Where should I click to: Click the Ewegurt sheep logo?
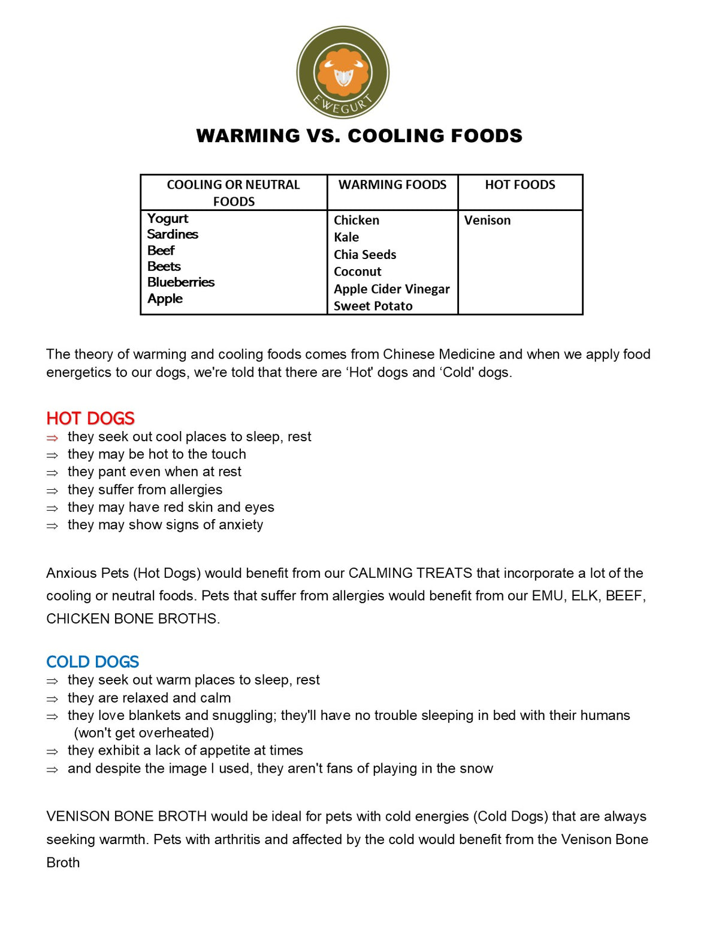point(343,73)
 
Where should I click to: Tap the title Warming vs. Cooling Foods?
point(359,136)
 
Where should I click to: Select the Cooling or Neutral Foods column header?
point(233,192)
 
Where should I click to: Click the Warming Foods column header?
point(392,185)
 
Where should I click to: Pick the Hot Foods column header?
point(520,185)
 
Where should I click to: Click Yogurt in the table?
point(168,218)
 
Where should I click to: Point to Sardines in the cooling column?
point(173,234)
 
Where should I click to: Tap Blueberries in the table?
point(181,282)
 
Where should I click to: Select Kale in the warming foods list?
point(346,237)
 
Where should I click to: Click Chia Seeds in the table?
point(365,255)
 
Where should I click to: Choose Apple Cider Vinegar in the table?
point(392,289)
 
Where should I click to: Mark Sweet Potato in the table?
point(373,306)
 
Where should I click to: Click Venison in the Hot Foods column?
point(488,220)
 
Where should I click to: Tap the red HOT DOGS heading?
point(90,418)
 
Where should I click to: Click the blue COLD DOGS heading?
point(93,661)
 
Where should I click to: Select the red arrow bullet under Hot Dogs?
point(53,438)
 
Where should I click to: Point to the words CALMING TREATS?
point(410,573)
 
